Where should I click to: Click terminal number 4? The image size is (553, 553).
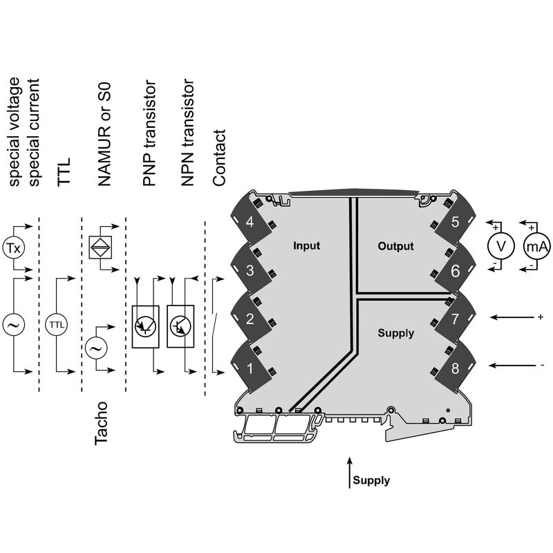[250, 222]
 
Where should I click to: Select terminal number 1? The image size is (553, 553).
[250, 368]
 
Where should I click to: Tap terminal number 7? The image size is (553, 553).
[455, 319]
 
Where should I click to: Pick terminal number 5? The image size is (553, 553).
[455, 222]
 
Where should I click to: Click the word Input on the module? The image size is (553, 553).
[306, 245]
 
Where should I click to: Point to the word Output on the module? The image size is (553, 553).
[395, 246]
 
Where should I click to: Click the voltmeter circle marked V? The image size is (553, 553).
[500, 246]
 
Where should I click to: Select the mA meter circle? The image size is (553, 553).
[537, 246]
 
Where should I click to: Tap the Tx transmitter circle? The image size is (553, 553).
[14, 248]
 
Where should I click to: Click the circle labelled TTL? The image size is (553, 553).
[57, 324]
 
